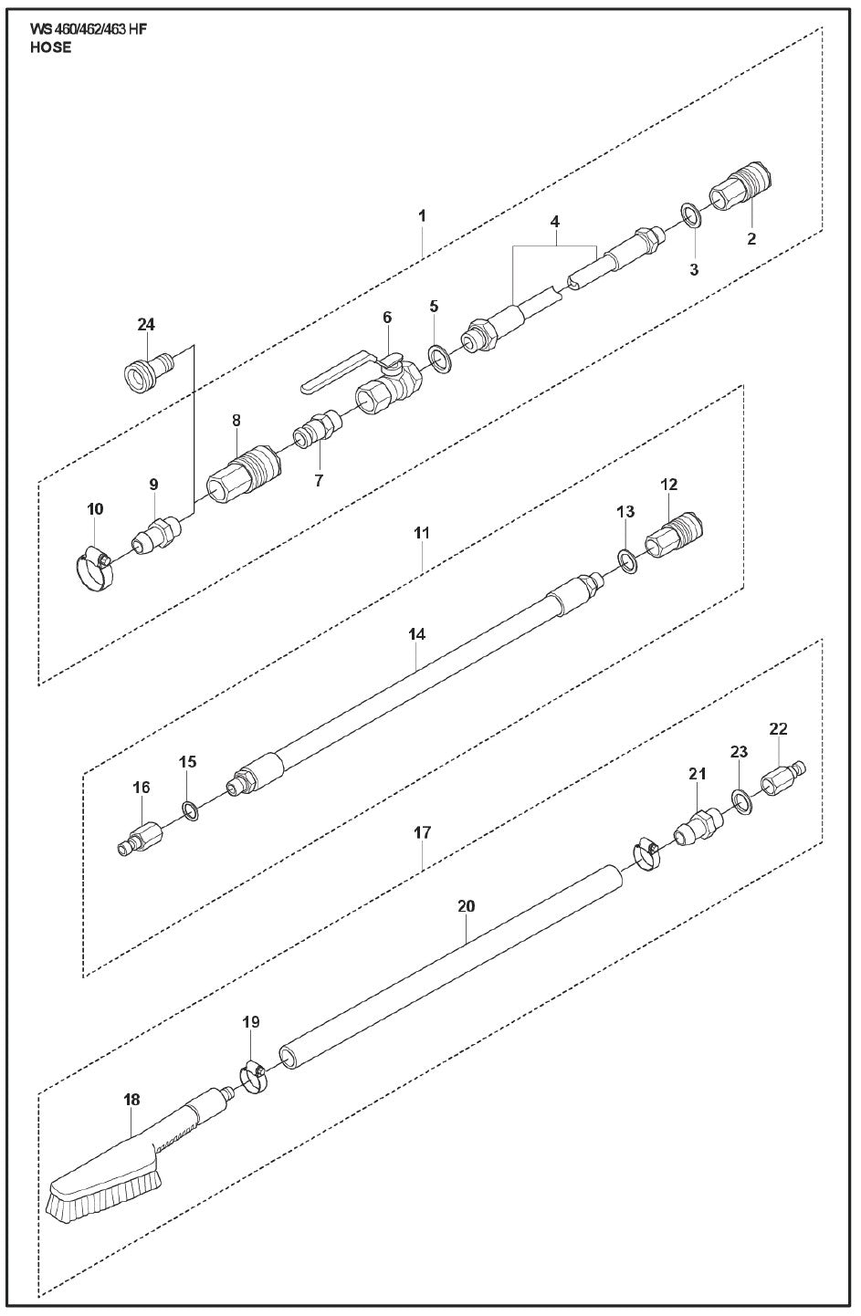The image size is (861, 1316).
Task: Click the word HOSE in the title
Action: tap(50, 48)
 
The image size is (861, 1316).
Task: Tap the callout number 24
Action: tap(146, 324)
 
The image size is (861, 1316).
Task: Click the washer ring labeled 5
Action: tap(439, 357)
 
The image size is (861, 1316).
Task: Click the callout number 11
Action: tap(421, 531)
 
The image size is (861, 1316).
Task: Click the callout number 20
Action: tap(466, 906)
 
